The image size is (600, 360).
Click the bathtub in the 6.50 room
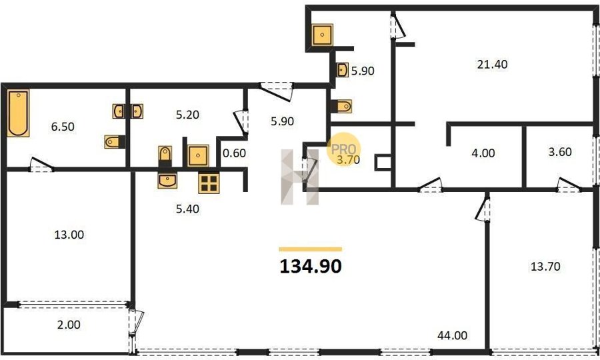coord(18,113)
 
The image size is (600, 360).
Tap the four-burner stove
coord(209,183)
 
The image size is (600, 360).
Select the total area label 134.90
coord(311,266)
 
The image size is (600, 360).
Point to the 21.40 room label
coord(492,64)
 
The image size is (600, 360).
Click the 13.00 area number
coord(69,235)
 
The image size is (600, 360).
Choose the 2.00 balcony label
coord(69,325)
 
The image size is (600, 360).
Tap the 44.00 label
coord(452,335)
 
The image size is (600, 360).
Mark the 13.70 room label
coord(545,266)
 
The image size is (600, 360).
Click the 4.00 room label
coord(483,153)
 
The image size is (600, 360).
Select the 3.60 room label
coord(560,152)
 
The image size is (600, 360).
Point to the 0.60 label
coord(234,153)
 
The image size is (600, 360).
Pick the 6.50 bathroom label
coord(63,127)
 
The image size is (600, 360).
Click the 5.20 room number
coord(187,115)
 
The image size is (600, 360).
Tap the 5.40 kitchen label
coord(187,209)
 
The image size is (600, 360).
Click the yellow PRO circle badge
coord(343,149)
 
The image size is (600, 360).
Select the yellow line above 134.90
coord(310,249)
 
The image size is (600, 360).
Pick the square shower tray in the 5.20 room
coord(198,155)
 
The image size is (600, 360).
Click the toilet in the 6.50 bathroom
coord(115,141)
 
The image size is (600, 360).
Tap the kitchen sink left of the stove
coord(167,180)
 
